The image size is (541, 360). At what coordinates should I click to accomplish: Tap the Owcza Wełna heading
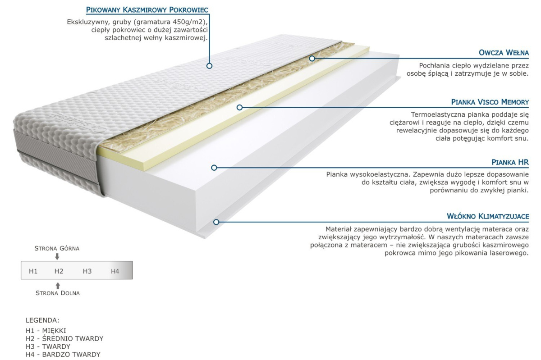coord(504,52)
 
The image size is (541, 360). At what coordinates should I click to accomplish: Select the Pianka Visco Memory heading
coord(490,102)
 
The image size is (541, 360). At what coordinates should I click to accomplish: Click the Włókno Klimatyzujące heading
coord(487,217)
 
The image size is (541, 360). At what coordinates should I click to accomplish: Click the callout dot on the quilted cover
coord(209,66)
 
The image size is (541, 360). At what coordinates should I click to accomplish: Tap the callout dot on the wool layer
coord(312,58)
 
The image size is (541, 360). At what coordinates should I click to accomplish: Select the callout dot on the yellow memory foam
coord(240,107)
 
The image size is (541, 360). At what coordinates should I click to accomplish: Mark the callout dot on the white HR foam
coord(214,168)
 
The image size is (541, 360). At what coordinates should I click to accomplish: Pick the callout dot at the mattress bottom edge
coord(216,222)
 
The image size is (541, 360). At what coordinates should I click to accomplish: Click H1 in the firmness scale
coord(33,271)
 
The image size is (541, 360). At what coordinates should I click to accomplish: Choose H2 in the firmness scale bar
coord(59,271)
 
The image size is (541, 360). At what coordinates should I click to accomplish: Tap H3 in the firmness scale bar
coord(87,271)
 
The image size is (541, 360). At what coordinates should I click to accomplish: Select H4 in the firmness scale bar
coord(115,271)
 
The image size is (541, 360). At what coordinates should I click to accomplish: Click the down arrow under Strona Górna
coord(57,256)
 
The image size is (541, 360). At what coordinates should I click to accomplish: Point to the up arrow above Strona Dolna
coord(57,285)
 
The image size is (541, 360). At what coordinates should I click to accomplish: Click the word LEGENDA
coord(42,320)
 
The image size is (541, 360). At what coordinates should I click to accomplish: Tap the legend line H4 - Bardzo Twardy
coord(63,355)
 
